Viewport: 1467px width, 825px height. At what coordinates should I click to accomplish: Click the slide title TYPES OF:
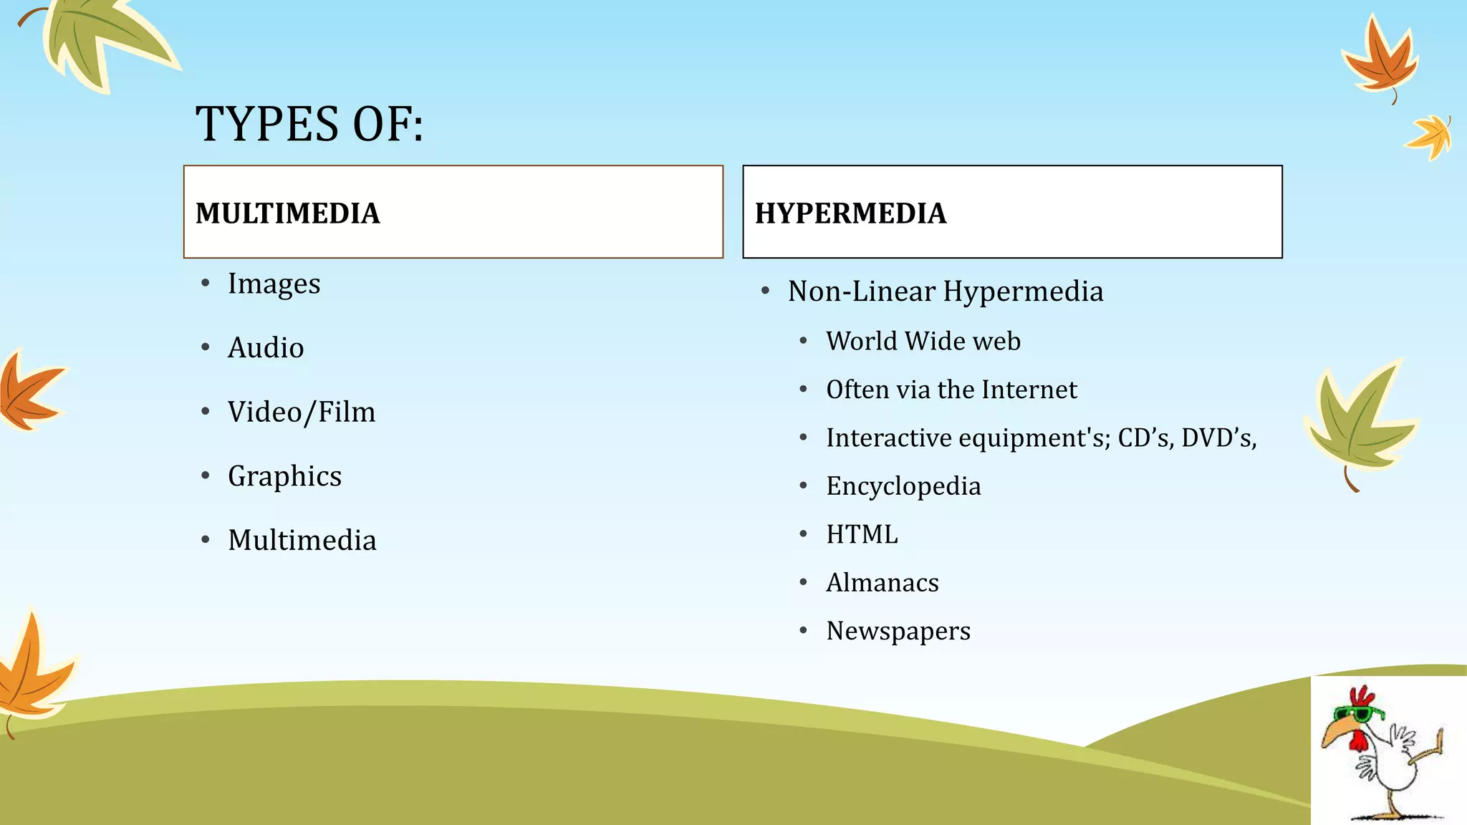click(x=309, y=124)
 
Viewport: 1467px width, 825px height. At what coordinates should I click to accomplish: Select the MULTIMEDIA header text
click(x=287, y=213)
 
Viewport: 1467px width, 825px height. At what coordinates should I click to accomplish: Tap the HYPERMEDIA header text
click(x=850, y=213)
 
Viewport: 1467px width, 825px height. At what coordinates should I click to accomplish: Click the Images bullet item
click(x=274, y=284)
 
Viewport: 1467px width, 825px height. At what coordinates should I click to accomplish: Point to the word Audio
click(x=266, y=348)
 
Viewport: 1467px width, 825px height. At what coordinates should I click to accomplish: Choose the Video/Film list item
click(x=302, y=412)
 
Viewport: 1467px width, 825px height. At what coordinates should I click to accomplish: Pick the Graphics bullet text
click(x=284, y=476)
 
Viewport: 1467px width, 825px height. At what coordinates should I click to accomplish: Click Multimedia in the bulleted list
click(x=302, y=540)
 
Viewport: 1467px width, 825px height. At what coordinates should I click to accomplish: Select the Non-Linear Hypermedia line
click(x=945, y=291)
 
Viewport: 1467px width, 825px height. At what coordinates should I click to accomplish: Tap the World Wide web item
click(x=923, y=341)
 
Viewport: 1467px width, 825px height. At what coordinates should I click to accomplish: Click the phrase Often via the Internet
click(x=951, y=390)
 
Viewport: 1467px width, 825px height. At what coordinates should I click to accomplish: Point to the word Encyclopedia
click(x=903, y=486)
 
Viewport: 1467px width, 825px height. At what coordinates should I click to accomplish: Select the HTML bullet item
click(x=861, y=534)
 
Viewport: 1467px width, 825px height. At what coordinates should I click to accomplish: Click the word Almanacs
click(x=882, y=583)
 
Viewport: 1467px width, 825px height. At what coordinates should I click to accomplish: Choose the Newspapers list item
click(x=898, y=631)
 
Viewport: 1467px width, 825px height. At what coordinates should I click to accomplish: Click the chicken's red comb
click(x=1361, y=695)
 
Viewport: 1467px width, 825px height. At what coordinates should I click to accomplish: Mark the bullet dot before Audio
click(x=206, y=348)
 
